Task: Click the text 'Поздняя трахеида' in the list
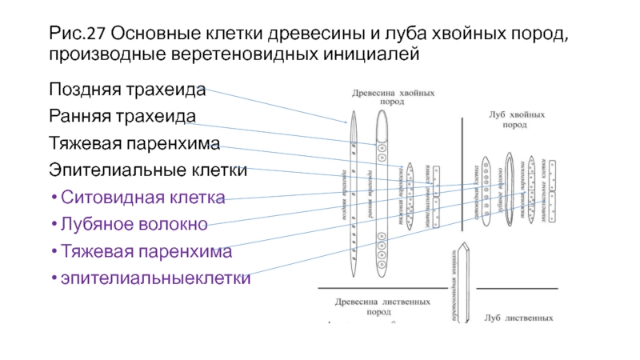point(127,89)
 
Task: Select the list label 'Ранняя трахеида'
point(122,116)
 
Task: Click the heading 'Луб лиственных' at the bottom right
point(518,318)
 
